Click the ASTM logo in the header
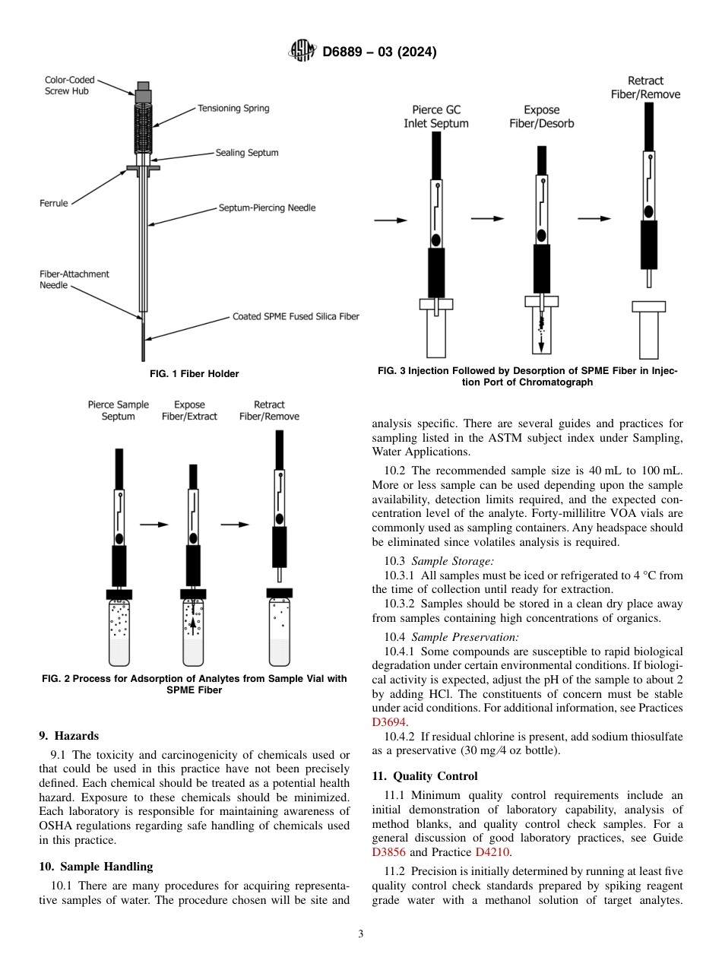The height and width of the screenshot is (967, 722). point(302,52)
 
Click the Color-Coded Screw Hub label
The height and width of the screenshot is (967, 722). point(70,85)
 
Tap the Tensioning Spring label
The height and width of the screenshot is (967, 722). point(233,108)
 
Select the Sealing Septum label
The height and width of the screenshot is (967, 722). point(247,153)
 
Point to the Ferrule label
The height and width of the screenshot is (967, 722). point(54,203)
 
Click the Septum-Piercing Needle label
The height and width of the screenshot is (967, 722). point(267,208)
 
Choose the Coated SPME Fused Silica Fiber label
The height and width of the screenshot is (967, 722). point(296,316)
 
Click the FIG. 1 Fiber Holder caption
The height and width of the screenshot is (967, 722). point(195,374)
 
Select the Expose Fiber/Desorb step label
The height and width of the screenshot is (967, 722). point(541,116)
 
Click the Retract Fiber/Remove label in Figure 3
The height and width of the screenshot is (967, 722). point(645,87)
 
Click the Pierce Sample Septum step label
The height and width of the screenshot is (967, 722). point(119,411)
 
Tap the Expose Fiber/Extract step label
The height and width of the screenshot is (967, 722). point(189,411)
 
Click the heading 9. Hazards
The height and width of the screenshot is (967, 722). point(69,736)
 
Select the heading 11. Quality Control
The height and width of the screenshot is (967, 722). point(425,776)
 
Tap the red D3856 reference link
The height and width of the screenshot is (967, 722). point(388,852)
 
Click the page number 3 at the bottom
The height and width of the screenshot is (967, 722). point(361,934)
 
